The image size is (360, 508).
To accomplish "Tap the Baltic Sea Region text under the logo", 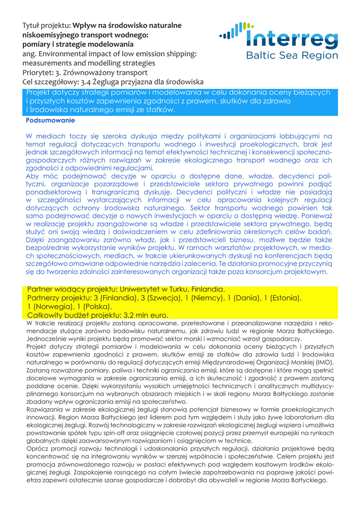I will coord(292,56).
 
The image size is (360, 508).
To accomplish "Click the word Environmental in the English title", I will coord(63,54).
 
